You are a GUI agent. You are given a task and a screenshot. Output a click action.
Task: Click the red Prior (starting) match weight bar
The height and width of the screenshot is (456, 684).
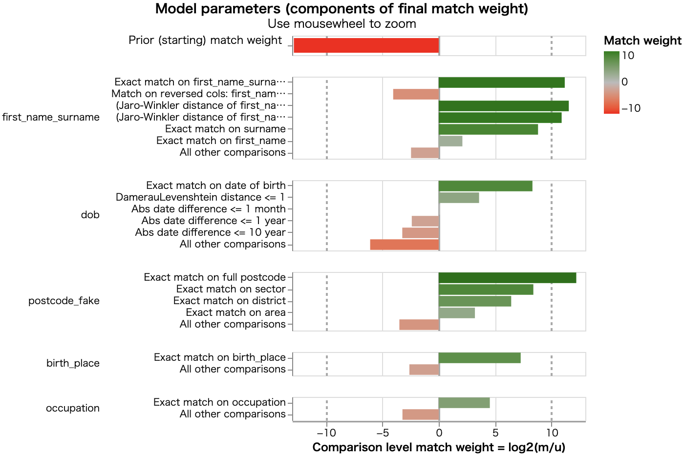coord(366,45)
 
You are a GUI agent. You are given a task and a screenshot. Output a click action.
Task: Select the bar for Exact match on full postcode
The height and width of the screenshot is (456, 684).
coord(507,278)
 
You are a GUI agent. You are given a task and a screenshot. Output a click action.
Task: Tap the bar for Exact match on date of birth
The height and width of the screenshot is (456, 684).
coord(485,186)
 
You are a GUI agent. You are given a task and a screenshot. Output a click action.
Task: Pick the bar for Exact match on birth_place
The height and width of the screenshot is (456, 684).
coord(479,358)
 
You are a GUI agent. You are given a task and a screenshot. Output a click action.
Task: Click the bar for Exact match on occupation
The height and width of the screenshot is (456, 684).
coord(464,403)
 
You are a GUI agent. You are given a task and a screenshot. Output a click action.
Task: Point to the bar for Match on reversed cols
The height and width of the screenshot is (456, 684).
coord(416,94)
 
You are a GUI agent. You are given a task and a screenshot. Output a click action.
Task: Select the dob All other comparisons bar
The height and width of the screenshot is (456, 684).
coord(405,245)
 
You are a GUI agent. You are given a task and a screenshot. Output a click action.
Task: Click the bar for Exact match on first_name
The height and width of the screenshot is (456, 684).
coord(450,141)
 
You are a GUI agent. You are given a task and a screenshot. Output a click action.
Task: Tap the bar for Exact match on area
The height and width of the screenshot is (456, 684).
coord(457,313)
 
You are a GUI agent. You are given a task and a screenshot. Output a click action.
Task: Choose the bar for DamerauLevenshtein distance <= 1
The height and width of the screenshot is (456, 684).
coord(459,198)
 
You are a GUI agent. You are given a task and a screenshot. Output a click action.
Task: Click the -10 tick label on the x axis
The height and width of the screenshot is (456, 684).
coord(326,433)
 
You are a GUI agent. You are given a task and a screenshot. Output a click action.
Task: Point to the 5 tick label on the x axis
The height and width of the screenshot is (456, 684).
coord(495,433)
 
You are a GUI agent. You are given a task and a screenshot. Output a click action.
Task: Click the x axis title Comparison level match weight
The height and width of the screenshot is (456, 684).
coord(439,447)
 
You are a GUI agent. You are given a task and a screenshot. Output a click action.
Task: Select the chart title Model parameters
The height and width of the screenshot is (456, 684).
coord(342,9)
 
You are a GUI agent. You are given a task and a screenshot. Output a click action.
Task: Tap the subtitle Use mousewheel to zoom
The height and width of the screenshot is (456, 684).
coord(342,23)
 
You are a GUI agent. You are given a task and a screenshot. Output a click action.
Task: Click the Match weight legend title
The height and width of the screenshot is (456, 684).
coord(642,41)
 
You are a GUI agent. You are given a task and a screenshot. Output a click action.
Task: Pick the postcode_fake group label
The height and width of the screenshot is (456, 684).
coord(64,301)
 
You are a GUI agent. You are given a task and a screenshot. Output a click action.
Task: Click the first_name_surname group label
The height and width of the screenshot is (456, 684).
coord(51,117)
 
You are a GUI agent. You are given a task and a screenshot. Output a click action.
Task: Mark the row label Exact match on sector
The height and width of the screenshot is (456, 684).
coord(231,289)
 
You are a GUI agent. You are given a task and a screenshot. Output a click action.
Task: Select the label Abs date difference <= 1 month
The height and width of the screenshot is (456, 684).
coord(209,209)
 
